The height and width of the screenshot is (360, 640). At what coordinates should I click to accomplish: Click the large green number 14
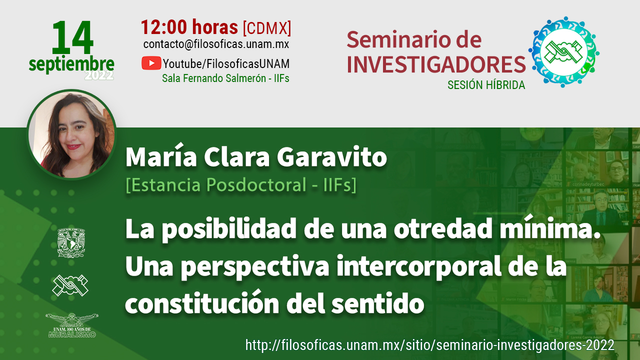coord(72,37)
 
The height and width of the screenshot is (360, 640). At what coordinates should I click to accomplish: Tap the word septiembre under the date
coord(71,64)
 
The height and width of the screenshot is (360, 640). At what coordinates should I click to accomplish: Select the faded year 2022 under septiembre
coord(99,75)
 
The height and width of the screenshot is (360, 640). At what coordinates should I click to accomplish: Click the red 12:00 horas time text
coord(189,27)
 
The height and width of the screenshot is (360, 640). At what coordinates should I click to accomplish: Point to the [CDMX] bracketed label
coord(267,28)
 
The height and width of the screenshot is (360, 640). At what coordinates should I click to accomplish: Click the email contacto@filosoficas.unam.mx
coord(216,44)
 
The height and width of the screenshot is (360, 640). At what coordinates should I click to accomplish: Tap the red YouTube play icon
coord(151,63)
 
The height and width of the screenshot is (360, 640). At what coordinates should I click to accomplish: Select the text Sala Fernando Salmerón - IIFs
coord(225,78)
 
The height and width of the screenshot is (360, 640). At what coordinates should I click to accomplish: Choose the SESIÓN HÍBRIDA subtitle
coord(486,85)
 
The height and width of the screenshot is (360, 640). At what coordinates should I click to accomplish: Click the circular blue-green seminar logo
coord(563,52)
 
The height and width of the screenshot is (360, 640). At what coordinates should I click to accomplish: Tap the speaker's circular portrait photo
coord(71,134)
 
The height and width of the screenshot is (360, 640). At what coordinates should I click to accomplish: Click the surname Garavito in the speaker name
coord(331,157)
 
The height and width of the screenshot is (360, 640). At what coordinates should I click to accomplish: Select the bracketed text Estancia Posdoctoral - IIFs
coord(241,185)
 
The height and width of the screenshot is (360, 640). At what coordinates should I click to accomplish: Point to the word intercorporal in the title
coord(419,266)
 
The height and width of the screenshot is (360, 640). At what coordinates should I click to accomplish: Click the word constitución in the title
coord(202,303)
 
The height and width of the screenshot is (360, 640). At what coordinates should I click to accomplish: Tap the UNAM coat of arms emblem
coord(71,243)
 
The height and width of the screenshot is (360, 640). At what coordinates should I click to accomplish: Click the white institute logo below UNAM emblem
coord(70,285)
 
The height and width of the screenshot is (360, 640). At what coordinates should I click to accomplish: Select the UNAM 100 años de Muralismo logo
coord(71,325)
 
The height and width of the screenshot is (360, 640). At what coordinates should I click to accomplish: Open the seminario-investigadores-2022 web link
coord(429,345)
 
